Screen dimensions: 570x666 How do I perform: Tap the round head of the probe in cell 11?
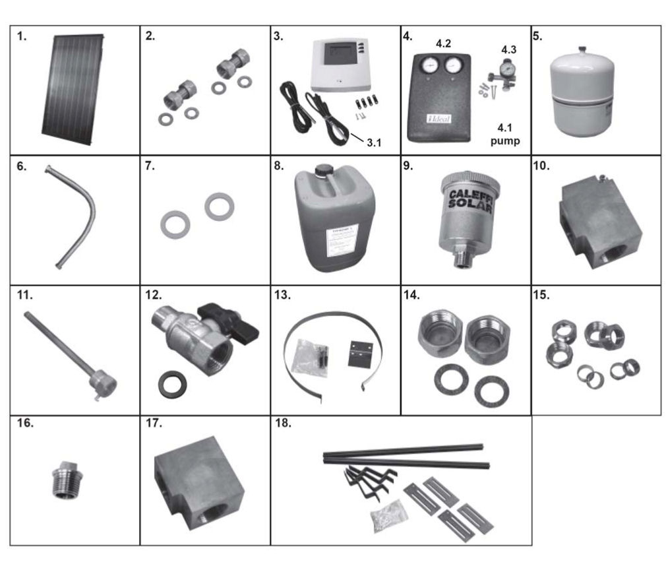[104, 383]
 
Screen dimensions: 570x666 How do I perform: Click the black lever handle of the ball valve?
[233, 321]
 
